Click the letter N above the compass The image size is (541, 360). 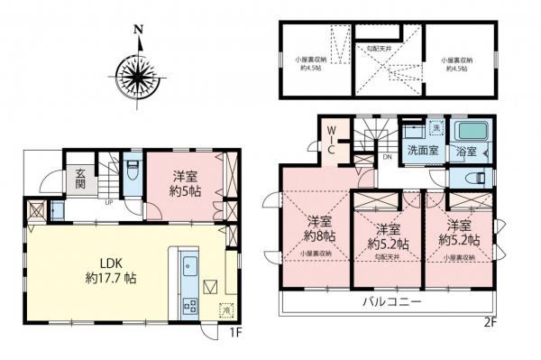tap(139, 29)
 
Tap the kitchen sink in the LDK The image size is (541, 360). tap(189, 267)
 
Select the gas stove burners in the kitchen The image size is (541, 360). tap(190, 305)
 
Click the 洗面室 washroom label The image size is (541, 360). tap(422, 150)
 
